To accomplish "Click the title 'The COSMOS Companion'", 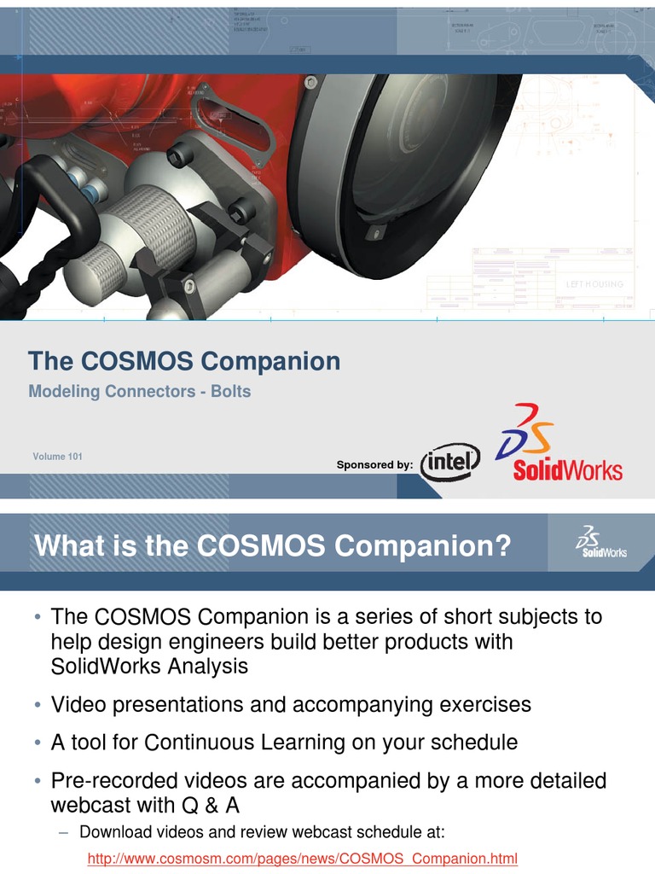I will [x=184, y=361].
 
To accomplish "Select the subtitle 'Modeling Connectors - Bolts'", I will [x=140, y=392].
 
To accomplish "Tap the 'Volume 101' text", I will [x=58, y=457].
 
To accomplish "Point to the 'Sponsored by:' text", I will [x=374, y=465].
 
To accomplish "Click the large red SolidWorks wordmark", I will [x=567, y=470].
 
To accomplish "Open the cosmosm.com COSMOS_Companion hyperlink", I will [x=303, y=858].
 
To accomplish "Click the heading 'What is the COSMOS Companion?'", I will [x=273, y=545].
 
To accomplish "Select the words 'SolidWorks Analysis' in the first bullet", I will [x=149, y=667].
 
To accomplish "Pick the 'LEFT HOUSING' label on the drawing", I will [x=594, y=284].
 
